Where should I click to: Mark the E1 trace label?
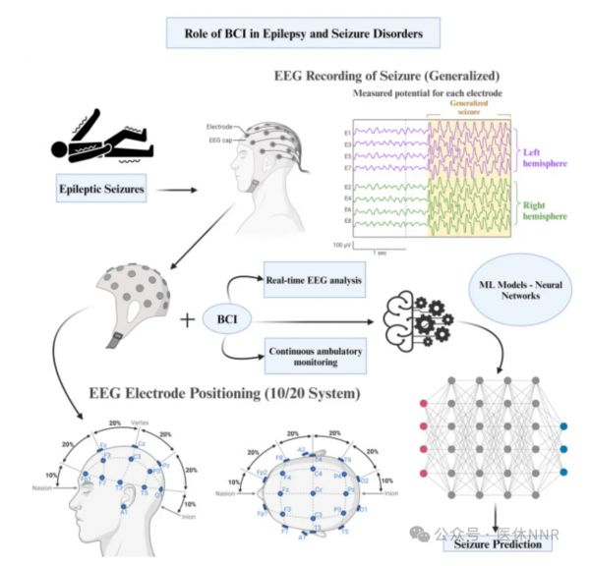(x=348, y=134)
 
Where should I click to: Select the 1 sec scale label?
(x=381, y=252)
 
